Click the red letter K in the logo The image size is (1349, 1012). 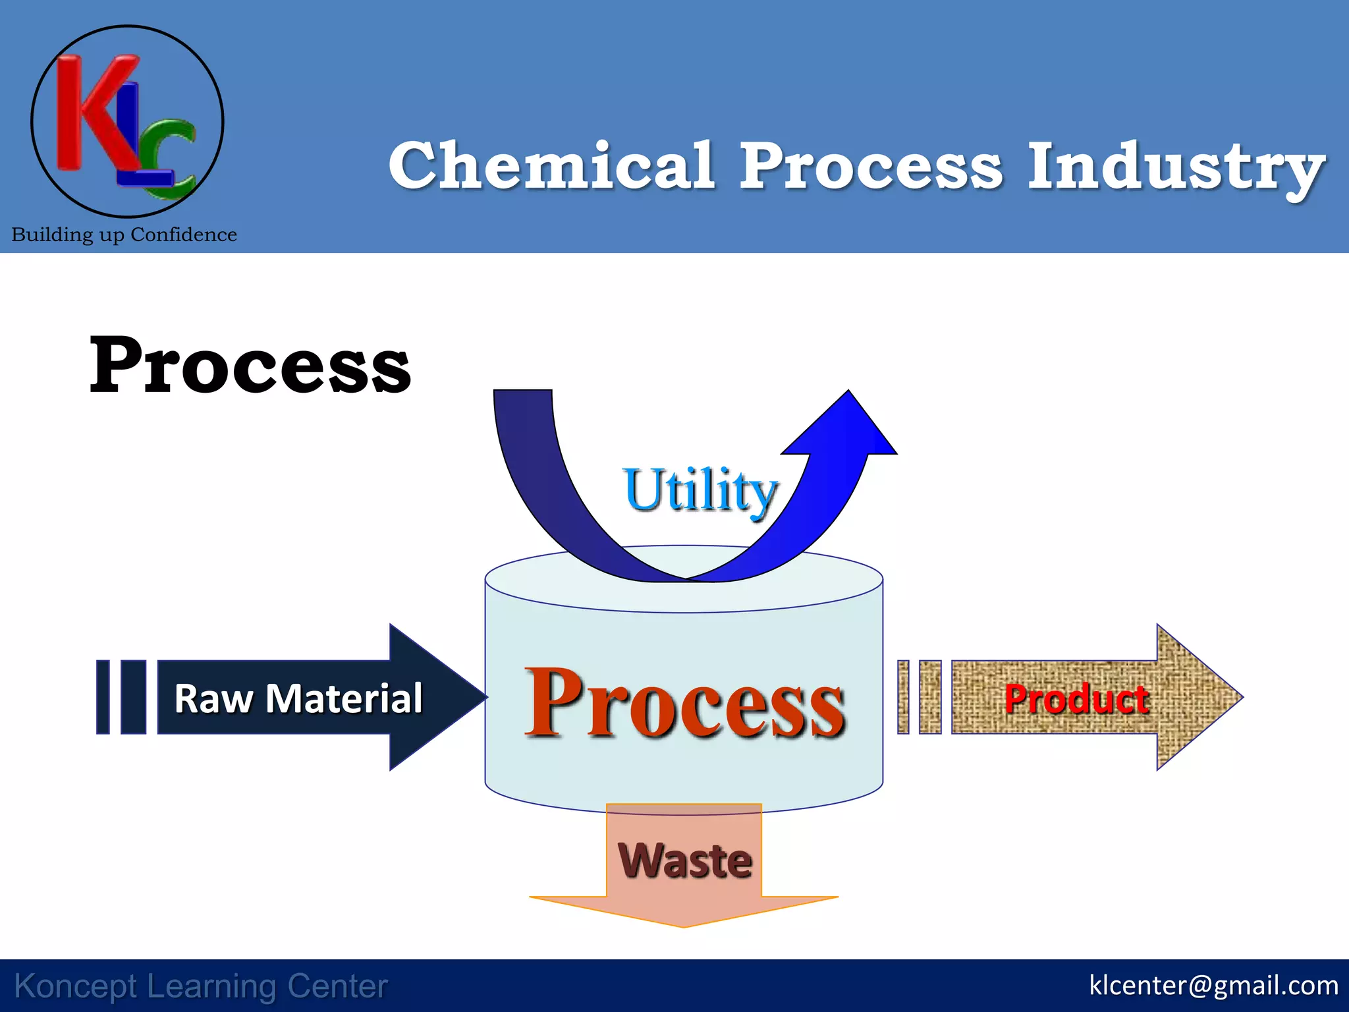[x=92, y=112]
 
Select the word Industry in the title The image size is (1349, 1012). [x=1176, y=167]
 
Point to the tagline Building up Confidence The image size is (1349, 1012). [x=124, y=235]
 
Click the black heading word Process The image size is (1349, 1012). [x=250, y=366]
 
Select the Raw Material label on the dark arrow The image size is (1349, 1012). [x=298, y=698]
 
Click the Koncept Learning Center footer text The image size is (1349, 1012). [x=201, y=986]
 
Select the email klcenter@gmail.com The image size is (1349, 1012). [x=1213, y=985]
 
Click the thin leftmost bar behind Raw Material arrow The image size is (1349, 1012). [x=103, y=697]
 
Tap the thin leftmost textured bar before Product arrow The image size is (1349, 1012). [x=903, y=697]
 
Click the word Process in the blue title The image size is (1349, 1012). [x=871, y=166]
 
